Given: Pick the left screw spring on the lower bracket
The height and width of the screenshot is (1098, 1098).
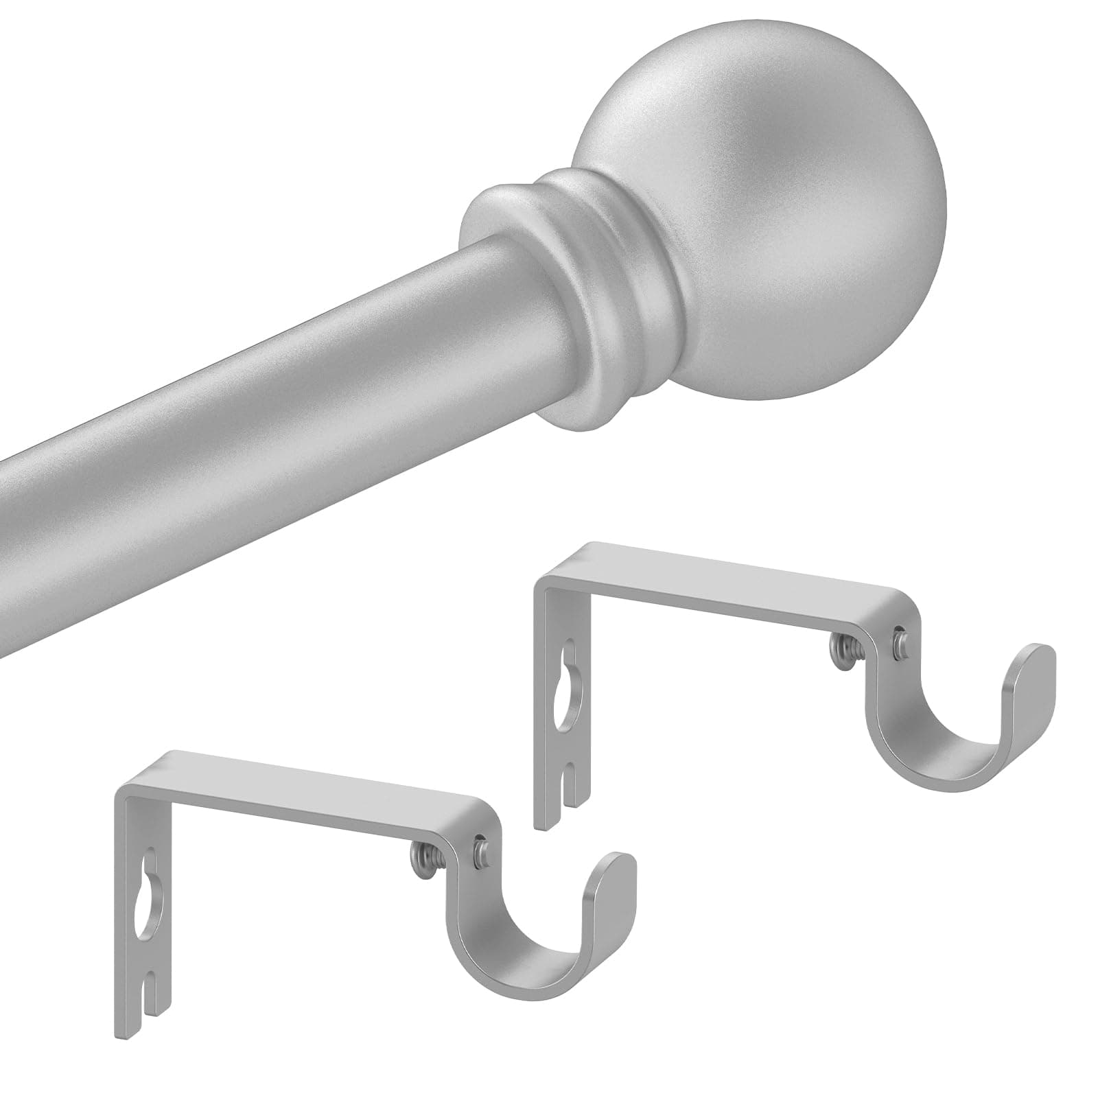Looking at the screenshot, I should (417, 855).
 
